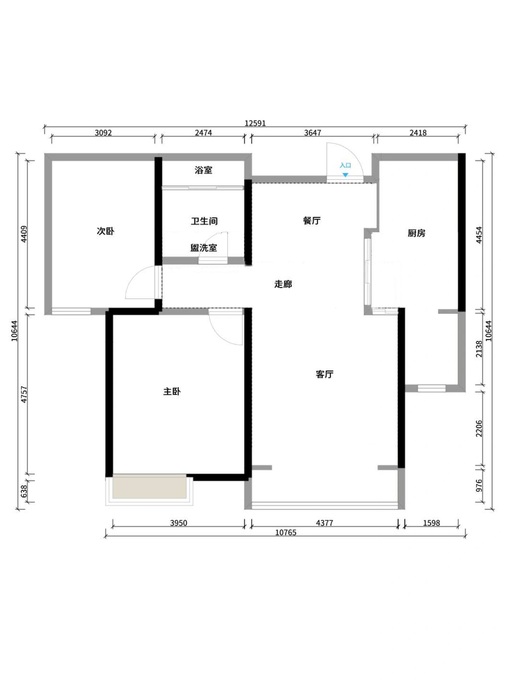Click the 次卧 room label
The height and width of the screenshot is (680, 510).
coord(106,231)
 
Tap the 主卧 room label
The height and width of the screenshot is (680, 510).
coord(172,391)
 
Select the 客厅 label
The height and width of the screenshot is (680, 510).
coord(324,374)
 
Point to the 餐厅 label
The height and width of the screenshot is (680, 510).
coord(312,221)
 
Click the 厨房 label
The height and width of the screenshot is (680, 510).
coord(416,233)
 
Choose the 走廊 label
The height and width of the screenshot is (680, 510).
coord(283,284)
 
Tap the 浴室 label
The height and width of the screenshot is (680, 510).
coord(203,170)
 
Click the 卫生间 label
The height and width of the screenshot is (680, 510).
coord(204,221)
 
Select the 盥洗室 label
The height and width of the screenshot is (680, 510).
coord(204,248)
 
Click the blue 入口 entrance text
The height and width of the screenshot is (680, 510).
coord(345,165)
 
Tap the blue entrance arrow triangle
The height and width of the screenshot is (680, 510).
coord(345,175)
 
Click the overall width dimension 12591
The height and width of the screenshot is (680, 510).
coord(255,123)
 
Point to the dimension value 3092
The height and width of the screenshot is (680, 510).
coord(103,133)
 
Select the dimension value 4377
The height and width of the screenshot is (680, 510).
coord(324,523)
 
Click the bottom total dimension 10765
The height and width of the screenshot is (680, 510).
coord(285,533)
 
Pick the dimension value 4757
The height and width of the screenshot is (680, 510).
coord(24,394)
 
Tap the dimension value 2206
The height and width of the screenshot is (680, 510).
coord(479,428)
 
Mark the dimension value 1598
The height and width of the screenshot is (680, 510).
coord(431,523)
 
